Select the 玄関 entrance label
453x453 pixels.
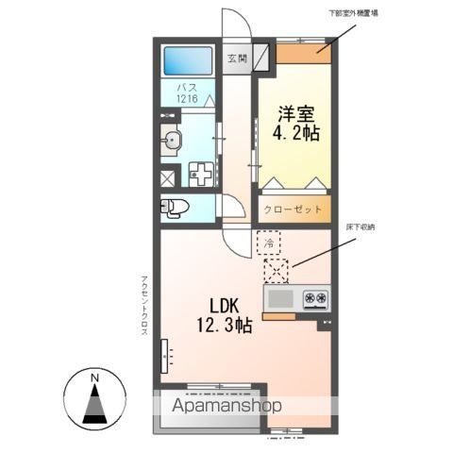(236, 57)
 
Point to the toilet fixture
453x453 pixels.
(175, 208)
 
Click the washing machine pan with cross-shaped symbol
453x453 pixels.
(201, 176)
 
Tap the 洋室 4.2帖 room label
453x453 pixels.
(296, 124)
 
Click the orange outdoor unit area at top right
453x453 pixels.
(305, 51)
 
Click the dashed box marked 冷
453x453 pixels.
(269, 243)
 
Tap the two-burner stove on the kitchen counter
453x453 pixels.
(315, 300)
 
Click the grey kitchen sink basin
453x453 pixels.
(280, 300)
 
